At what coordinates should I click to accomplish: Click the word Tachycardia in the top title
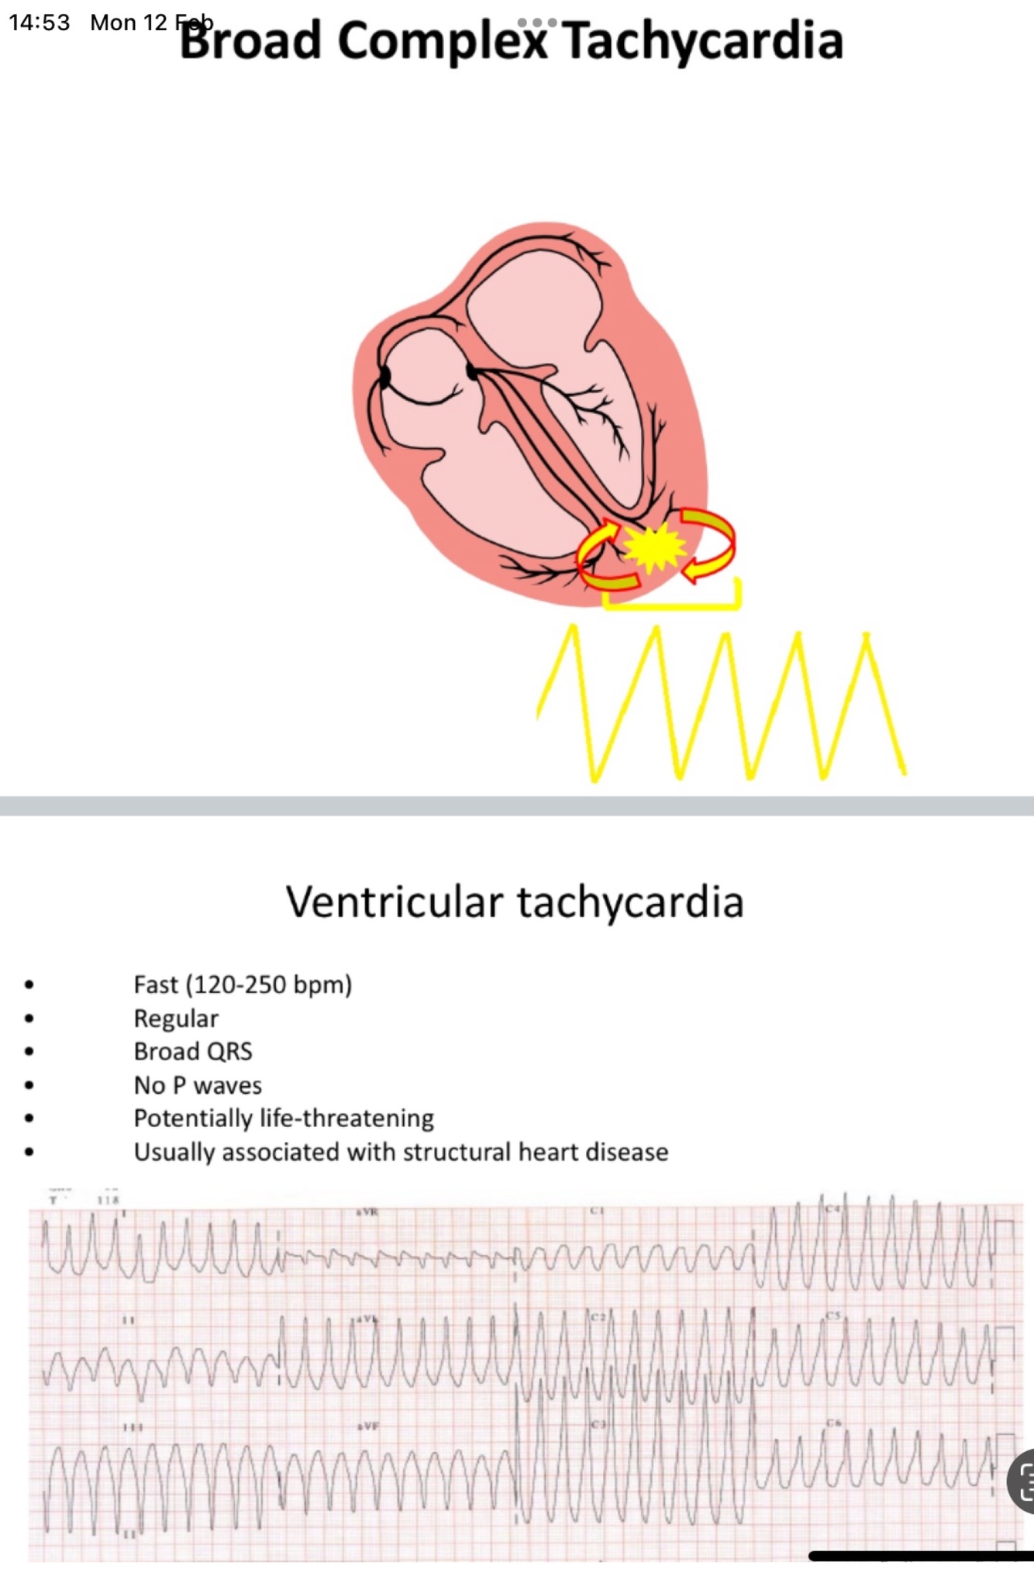pos(702,40)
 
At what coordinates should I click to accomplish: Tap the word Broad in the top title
pos(250,40)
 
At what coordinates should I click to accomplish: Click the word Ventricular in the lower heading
pos(395,902)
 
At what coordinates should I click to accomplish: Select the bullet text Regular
pos(176,1018)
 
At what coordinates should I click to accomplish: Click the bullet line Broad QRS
pos(193,1051)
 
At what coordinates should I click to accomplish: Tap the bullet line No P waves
pos(198,1085)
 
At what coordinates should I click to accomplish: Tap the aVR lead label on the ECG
pos(367,1212)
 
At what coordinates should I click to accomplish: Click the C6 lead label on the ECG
pos(833,1423)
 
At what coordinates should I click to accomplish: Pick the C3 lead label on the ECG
pos(598,1425)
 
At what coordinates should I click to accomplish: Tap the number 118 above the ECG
pos(109,1200)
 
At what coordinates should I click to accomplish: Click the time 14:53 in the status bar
pos(40,22)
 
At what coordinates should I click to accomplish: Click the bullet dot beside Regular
pos(29,1019)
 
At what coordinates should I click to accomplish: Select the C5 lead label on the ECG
pos(832,1316)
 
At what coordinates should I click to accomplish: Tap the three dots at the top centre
pos(536,22)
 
